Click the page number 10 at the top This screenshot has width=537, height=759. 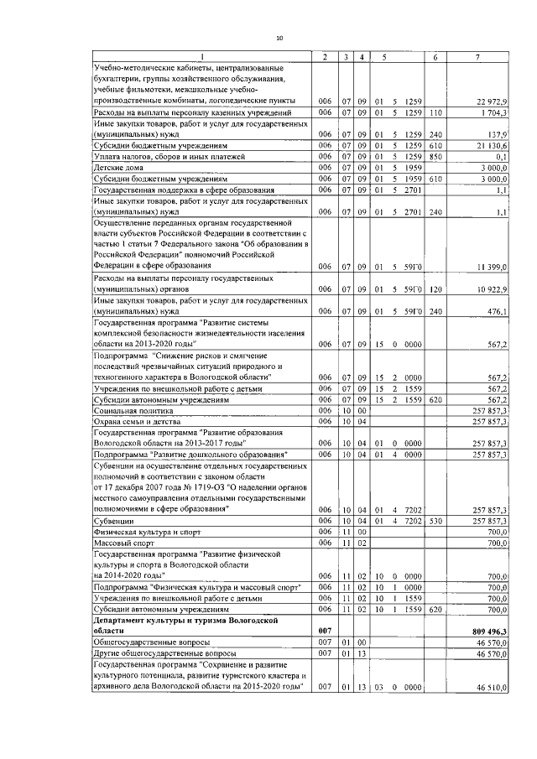coord(280,37)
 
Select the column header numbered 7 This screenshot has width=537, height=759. coord(477,56)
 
